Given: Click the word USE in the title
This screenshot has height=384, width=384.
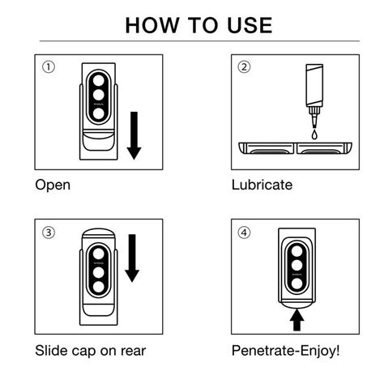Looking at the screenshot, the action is (250, 25).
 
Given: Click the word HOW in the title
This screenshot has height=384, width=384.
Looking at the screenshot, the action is (152, 25).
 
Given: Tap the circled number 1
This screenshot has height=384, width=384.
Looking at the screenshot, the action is (49, 67).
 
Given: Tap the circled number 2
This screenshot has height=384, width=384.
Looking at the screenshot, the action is (244, 67).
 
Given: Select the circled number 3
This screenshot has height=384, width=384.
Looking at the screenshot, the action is (49, 233).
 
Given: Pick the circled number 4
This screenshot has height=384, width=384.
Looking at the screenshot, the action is (244, 233).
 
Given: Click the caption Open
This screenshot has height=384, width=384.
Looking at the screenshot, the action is (53, 186).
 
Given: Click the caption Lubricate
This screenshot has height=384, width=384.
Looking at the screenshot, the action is (262, 185).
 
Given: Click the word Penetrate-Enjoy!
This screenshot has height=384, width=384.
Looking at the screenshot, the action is (285, 351).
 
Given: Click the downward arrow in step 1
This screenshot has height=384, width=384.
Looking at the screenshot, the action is (134, 135).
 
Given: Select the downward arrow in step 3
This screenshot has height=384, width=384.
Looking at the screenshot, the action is (132, 258).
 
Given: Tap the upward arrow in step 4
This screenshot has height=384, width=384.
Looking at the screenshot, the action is (297, 320).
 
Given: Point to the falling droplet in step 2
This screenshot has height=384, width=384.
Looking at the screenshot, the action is (314, 134).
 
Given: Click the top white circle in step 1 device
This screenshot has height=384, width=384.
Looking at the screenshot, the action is (98, 80).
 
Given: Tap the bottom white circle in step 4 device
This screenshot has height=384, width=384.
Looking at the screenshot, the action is (297, 284).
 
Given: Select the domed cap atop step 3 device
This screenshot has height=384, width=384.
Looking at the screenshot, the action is (99, 234).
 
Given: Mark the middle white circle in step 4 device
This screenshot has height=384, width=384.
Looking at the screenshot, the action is (297, 265).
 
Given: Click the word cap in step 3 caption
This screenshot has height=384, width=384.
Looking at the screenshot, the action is (85, 352).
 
